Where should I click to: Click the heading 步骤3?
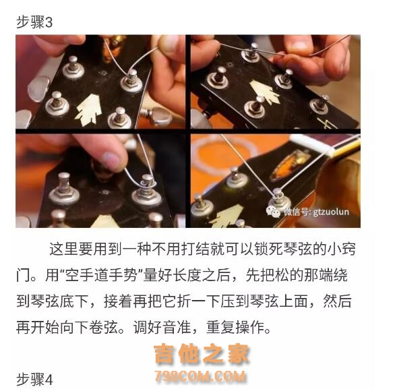click(34, 22)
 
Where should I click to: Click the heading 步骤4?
click(34, 380)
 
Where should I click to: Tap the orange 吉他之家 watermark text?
click(202, 354)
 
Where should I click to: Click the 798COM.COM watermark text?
click(200, 376)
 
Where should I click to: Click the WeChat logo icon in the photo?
click(273, 212)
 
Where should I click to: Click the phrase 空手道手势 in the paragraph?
click(101, 275)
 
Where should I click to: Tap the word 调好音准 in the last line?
click(162, 327)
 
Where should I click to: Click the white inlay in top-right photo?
click(265, 92)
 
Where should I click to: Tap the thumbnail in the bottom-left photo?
click(111, 161)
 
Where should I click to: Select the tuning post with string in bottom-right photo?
click(278, 199)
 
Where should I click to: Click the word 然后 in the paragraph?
click(338, 301)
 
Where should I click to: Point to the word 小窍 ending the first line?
click(342, 249)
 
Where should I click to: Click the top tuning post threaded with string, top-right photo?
click(252, 53)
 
